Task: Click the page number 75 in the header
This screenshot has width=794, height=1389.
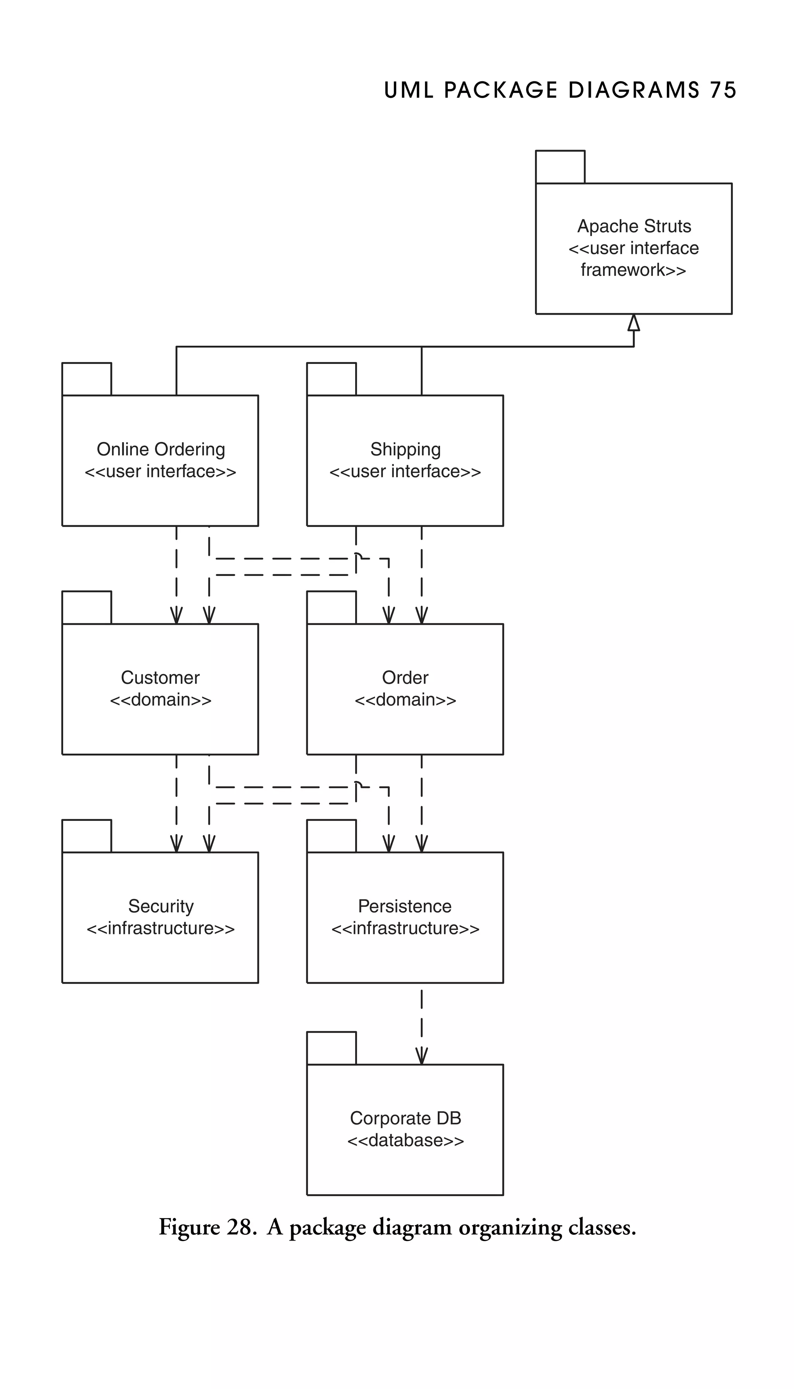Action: pyautogui.click(x=723, y=90)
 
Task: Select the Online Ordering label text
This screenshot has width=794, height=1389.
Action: pyautogui.click(x=161, y=449)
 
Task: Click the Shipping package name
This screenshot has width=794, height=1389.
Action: pyautogui.click(x=405, y=449)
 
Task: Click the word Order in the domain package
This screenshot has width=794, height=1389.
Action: pyautogui.click(x=405, y=677)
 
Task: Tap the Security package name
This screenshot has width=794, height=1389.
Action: pyautogui.click(x=161, y=906)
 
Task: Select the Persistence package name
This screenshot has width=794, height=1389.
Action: pyautogui.click(x=405, y=906)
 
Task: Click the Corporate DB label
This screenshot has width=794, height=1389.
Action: pyautogui.click(x=405, y=1118)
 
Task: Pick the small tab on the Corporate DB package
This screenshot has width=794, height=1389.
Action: pyautogui.click(x=331, y=1048)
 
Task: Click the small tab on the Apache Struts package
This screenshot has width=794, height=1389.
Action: pyautogui.click(x=560, y=167)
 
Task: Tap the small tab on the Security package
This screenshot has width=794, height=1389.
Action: pyautogui.click(x=87, y=836)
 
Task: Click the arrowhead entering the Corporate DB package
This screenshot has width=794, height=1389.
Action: pyautogui.click(x=421, y=1055)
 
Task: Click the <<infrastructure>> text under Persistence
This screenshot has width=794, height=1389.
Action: pyautogui.click(x=405, y=928)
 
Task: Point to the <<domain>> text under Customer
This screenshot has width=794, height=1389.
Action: pyautogui.click(x=161, y=700)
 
